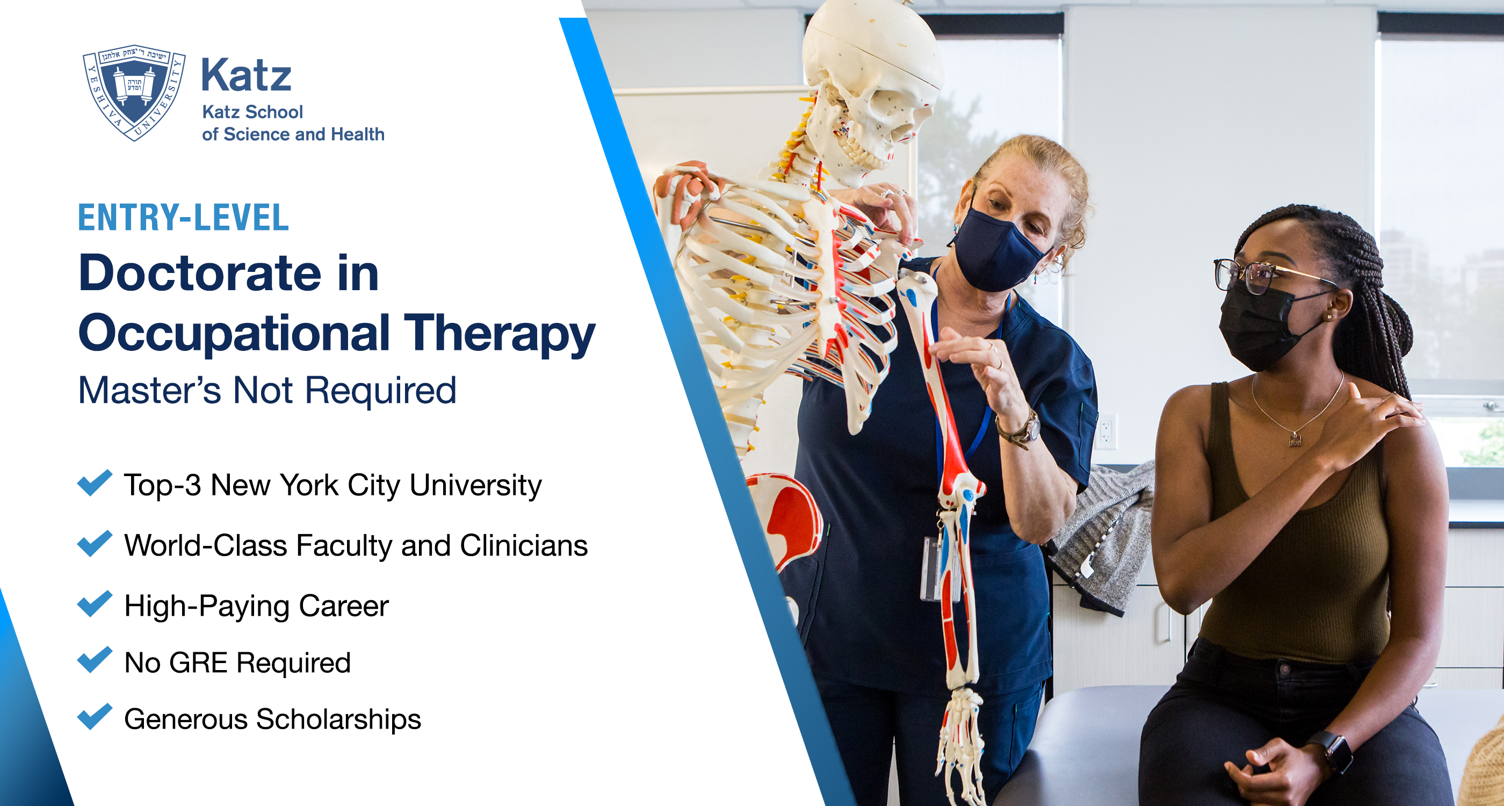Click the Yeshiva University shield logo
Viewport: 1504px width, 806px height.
click(134, 92)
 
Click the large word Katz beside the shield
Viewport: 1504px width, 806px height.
click(246, 75)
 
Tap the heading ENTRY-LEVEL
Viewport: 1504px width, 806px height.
click(183, 218)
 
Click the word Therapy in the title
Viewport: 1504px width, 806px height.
click(499, 333)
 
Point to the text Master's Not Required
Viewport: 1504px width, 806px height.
click(267, 390)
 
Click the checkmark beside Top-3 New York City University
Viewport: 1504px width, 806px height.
click(95, 483)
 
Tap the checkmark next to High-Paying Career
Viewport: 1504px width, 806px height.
click(95, 603)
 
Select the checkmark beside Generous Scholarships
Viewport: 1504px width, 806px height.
click(95, 717)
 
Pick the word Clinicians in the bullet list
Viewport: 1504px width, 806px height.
click(524, 545)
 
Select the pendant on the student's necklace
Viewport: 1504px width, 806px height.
click(1295, 438)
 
